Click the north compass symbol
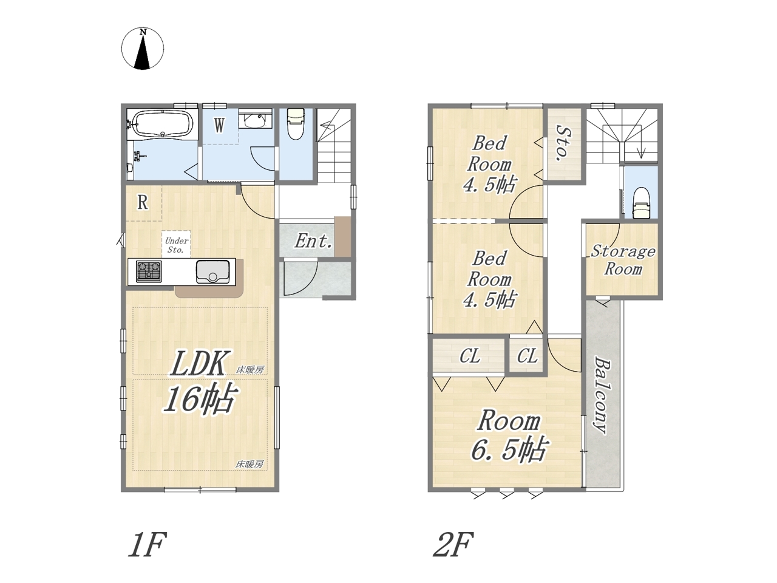142,49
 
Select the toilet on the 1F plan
296,123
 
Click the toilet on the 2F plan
640,203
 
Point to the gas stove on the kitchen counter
149,271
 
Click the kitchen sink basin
212,271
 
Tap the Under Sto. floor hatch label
176,245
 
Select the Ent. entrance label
313,241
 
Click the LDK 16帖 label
200,381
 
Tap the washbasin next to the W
255,121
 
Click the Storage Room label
623,260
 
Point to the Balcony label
603,395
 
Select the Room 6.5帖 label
508,440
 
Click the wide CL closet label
470,356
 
